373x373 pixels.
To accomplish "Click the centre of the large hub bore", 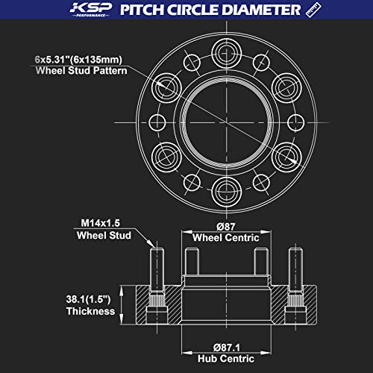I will pos(223,119).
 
